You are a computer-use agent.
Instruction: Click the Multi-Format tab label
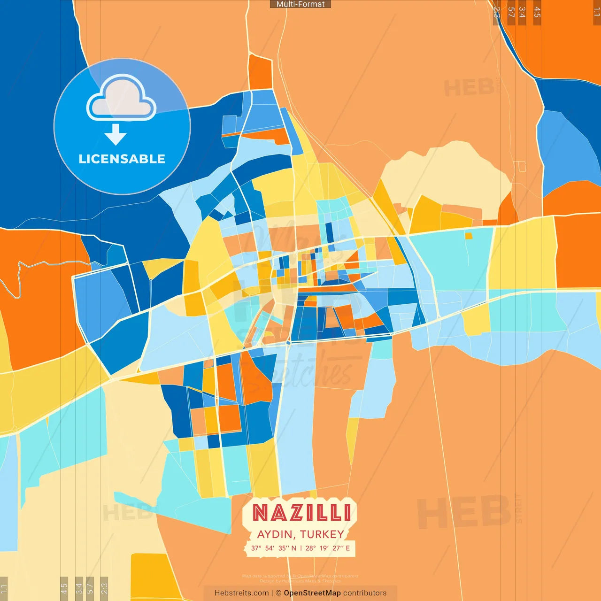pyautogui.click(x=300, y=4)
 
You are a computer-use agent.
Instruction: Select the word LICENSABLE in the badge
pyautogui.click(x=122, y=159)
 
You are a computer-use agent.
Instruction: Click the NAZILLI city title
pyautogui.click(x=301, y=513)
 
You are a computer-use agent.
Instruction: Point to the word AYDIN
pyautogui.click(x=276, y=534)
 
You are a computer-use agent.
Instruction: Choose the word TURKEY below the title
pyautogui.click(x=322, y=534)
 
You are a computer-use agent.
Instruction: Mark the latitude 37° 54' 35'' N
pyautogui.click(x=274, y=548)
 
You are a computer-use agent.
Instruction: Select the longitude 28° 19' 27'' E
pyautogui.click(x=328, y=548)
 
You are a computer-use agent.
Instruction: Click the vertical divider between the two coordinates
pyautogui.click(x=301, y=548)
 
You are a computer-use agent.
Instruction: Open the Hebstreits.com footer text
pyautogui.click(x=241, y=593)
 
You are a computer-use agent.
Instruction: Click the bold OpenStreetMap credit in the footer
pyautogui.click(x=312, y=593)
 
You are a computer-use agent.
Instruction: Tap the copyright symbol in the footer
pyautogui.click(x=278, y=593)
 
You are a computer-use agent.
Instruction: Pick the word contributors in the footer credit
pyautogui.click(x=365, y=593)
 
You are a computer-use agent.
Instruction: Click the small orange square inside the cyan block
pyautogui.click(x=469, y=236)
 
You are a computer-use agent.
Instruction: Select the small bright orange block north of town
pyautogui.click(x=260, y=72)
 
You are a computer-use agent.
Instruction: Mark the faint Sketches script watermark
pyautogui.click(x=310, y=373)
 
